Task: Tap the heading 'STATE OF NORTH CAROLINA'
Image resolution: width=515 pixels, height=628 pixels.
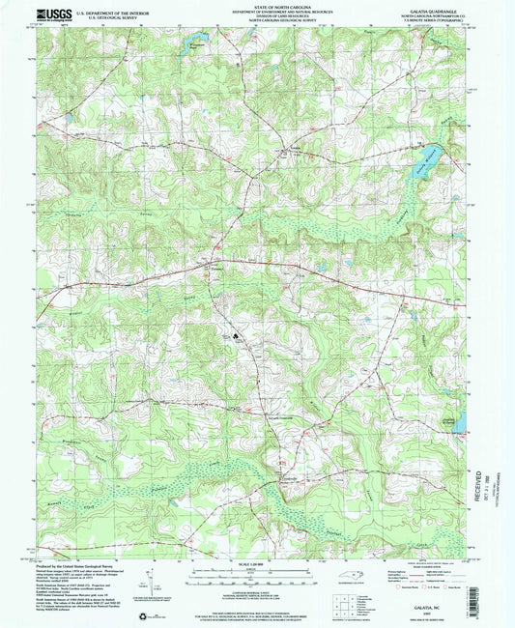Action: pyautogui.click(x=257, y=5)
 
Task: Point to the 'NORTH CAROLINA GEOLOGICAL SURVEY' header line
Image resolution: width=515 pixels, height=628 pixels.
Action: pyautogui.click(x=257, y=24)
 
